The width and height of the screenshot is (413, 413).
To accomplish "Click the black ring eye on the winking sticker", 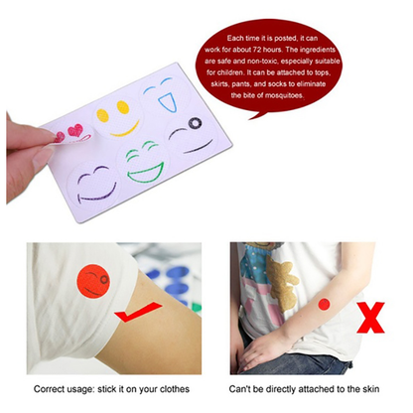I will (194, 125).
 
